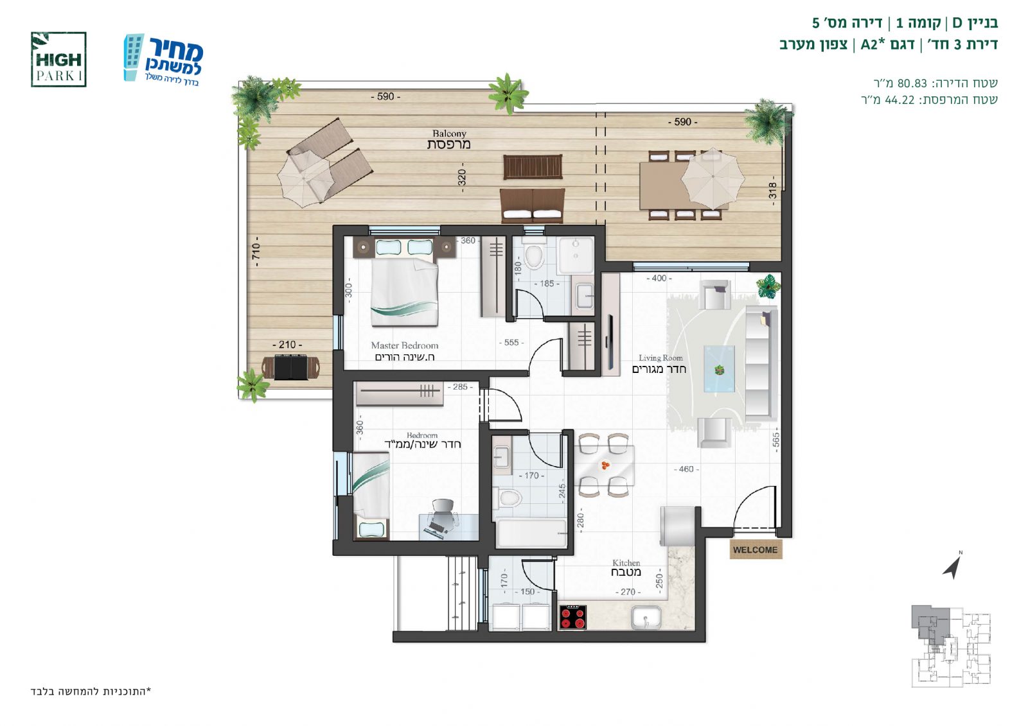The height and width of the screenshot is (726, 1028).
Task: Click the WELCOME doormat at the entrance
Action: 756,550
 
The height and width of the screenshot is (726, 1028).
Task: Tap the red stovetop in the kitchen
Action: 573,618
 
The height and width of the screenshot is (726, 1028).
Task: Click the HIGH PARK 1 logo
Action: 58,60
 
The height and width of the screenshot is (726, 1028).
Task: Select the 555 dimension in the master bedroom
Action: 511,343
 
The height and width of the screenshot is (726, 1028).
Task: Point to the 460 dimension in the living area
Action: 686,469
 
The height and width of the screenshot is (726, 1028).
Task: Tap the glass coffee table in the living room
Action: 719,369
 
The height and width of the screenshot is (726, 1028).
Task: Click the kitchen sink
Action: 646,618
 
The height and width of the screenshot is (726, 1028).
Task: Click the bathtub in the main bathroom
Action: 531,533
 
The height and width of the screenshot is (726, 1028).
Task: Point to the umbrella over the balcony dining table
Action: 713,177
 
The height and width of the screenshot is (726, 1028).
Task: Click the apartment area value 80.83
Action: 912,83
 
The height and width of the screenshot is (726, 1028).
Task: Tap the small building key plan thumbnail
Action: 951,646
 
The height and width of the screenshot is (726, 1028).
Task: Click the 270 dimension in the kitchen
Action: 628,592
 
